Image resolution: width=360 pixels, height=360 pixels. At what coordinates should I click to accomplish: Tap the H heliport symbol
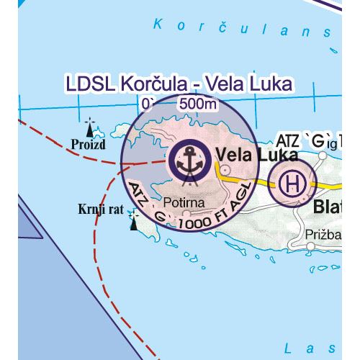click(291, 182)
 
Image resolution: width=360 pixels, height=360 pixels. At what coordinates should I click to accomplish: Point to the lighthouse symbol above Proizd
click(89, 128)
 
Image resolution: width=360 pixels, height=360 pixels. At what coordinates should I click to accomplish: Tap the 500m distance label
click(198, 104)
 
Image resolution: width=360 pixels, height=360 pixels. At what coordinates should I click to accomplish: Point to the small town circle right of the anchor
click(226, 170)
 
